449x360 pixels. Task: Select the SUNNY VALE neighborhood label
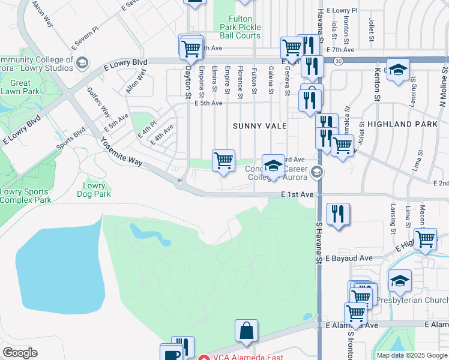click(260, 126)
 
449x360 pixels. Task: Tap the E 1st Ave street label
click(297, 195)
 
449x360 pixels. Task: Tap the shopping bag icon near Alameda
click(246, 331)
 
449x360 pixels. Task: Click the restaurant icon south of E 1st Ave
click(338, 214)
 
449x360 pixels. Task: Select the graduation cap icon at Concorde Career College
click(273, 166)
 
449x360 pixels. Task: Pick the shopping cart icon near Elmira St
click(223, 160)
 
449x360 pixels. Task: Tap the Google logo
click(20, 353)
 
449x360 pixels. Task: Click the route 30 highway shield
click(339, 61)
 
